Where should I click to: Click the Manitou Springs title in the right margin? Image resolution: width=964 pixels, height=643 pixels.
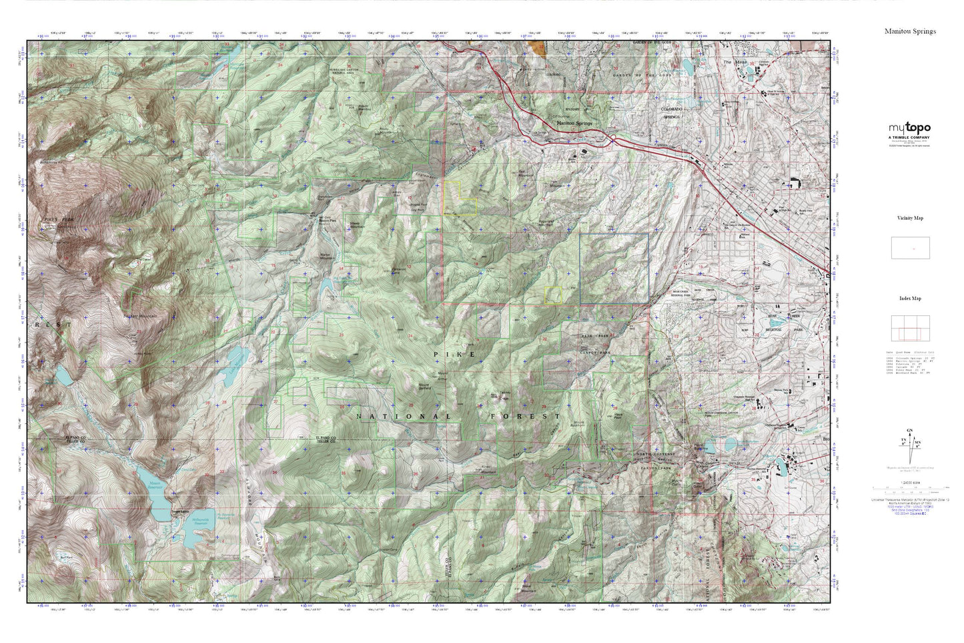[910, 31]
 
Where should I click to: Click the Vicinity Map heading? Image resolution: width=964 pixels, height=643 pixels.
[910, 218]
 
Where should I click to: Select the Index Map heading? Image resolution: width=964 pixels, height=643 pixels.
[910, 298]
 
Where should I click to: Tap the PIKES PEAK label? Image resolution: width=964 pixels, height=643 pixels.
[51, 219]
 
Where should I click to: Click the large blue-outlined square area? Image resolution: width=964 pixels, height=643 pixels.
[614, 268]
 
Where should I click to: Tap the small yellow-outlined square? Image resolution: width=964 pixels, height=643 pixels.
[553, 295]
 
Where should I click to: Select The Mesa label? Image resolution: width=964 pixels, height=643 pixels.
[733, 62]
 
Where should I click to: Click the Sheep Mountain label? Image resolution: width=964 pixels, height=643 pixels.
[354, 226]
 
